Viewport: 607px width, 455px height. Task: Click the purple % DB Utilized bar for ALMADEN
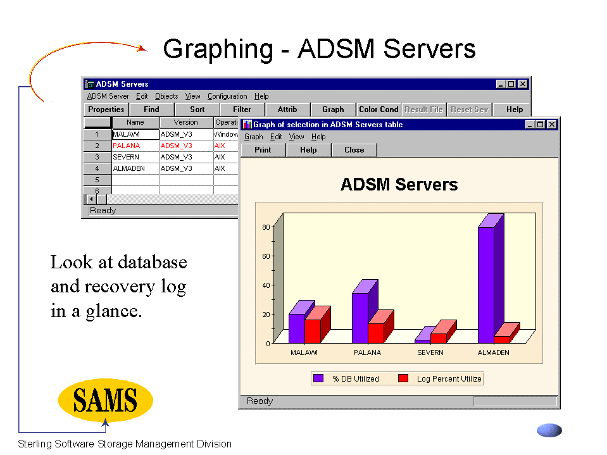[x=486, y=285]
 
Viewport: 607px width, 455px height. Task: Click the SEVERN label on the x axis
[x=430, y=352]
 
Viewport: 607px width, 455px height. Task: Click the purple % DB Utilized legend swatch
[x=318, y=378]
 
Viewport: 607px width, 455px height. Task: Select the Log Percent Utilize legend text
[x=449, y=379]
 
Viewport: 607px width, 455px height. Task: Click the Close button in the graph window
[x=354, y=150]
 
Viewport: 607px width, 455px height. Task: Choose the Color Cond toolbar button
[x=379, y=109]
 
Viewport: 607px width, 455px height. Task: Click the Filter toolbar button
[x=242, y=109]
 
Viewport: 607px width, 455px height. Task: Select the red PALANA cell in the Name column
[x=126, y=146]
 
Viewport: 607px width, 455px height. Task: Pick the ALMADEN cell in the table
[x=129, y=169]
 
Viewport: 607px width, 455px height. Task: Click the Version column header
[x=186, y=122]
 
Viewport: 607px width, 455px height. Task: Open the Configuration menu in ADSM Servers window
[x=227, y=96]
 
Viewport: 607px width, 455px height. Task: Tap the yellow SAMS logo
[x=105, y=400]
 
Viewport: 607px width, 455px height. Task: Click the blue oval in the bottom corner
[x=549, y=430]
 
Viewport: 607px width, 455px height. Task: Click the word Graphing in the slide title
[x=218, y=49]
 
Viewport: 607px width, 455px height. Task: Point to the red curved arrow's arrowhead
[x=143, y=48]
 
